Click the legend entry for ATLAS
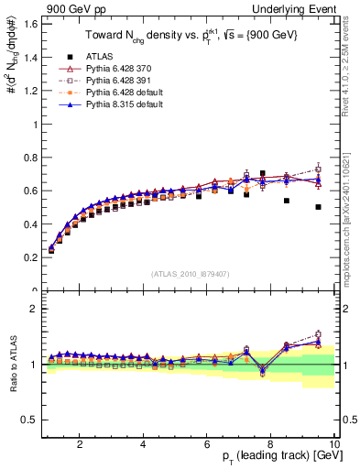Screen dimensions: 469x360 (82, 57)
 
